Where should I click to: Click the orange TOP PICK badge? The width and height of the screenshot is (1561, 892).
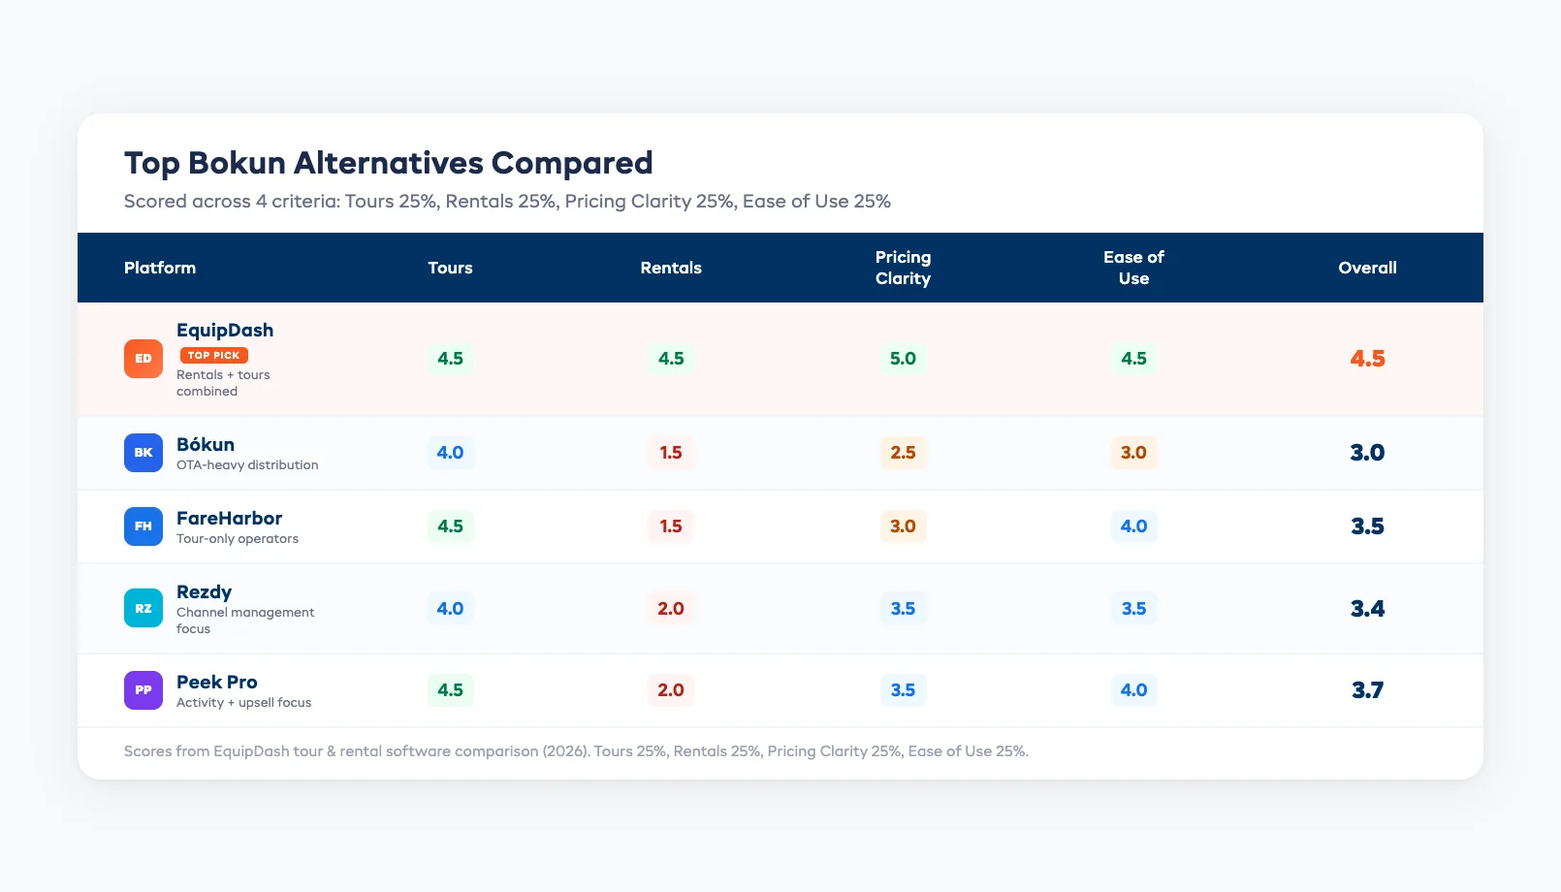(213, 356)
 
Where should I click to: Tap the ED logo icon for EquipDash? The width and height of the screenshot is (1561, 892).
(143, 359)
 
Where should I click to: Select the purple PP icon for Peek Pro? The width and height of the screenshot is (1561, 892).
(143, 690)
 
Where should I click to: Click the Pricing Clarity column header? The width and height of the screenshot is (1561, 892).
(903, 268)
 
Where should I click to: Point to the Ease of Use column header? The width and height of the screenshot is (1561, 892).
(1133, 268)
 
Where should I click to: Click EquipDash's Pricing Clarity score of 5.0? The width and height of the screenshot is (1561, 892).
(903, 359)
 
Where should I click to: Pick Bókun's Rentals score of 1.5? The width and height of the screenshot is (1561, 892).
(671, 453)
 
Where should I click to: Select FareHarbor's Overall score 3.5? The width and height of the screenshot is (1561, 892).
(1367, 526)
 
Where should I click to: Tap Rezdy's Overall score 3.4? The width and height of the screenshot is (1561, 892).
(1367, 609)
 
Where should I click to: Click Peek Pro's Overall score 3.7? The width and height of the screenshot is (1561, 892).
(1367, 690)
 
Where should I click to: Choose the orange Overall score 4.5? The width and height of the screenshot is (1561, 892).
(1367, 359)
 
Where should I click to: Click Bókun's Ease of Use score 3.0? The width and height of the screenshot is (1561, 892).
(1133, 453)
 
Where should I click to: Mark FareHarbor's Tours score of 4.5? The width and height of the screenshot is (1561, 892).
(450, 526)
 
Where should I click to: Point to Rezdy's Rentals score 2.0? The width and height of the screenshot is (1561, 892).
(671, 609)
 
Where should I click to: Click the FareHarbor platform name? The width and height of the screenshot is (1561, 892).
(229, 519)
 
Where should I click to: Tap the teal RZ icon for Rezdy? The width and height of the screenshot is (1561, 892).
(143, 609)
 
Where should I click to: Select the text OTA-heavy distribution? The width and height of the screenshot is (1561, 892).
(247, 465)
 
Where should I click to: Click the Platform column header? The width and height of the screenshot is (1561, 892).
(160, 268)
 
